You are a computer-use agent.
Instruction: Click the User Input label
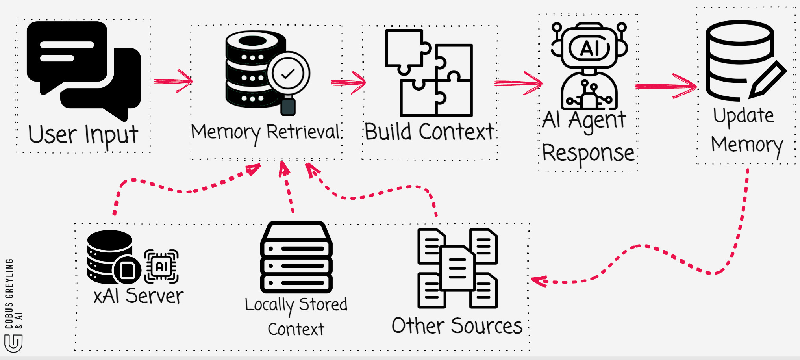coord(83,135)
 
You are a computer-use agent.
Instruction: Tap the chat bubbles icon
coord(83,69)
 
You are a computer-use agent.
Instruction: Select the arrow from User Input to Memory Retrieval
coord(173,81)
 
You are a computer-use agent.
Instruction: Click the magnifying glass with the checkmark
coord(288,74)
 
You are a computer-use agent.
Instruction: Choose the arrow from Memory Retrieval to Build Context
coord(348,82)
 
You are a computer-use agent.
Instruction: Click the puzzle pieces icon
coord(429,73)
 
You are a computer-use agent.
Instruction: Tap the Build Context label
coord(429,132)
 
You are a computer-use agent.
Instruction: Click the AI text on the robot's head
coord(589,48)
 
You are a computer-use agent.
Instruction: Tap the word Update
coord(743,116)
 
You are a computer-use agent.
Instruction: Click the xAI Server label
coord(138,296)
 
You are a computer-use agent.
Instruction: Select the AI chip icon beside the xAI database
coord(161,267)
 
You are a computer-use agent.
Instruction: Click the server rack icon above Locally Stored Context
coord(296,258)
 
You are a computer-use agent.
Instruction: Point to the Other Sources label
coord(457,326)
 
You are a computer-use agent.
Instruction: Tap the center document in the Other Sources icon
coord(457,268)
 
